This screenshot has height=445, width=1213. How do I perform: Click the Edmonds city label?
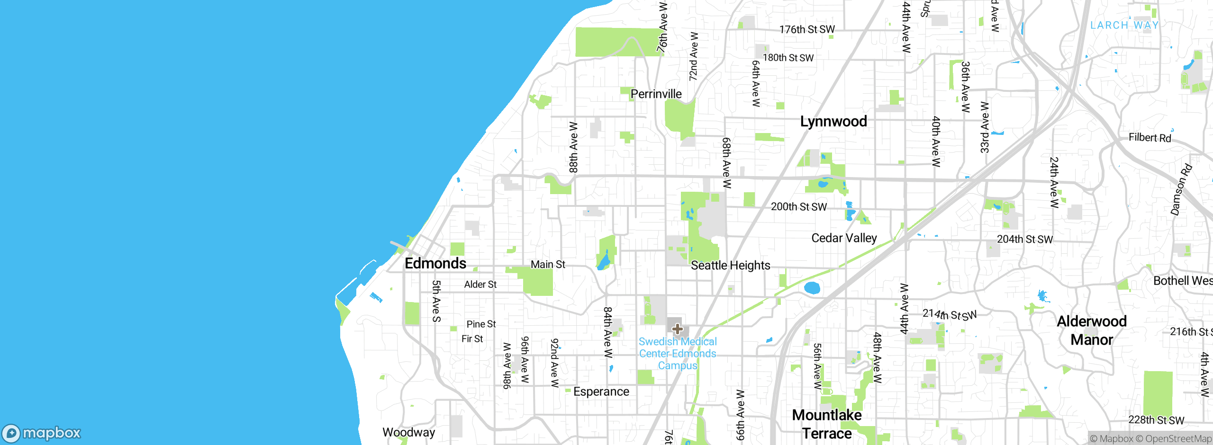point(435,263)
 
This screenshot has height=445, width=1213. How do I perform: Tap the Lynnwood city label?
point(833,122)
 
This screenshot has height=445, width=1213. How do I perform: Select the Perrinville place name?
point(656,94)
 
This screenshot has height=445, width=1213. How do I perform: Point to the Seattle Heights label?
point(730,266)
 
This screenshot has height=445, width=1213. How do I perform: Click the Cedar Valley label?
point(844,238)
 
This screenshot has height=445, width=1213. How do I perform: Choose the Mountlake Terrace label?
point(827,424)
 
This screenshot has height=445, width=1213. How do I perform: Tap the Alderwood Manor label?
point(1092,330)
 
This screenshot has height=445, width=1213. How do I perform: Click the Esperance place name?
point(601,392)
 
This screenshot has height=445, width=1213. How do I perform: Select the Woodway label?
point(408,432)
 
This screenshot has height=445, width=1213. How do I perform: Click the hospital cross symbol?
point(677,329)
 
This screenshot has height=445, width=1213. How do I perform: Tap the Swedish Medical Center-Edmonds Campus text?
point(678,354)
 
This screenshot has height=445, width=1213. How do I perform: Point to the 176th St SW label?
point(807,30)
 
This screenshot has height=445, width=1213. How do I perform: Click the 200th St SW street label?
point(798,207)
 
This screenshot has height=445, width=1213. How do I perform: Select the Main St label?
point(548,265)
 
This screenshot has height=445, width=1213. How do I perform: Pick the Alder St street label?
point(480,285)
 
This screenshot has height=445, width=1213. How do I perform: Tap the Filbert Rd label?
point(1150,138)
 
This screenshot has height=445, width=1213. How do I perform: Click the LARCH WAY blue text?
point(1124,25)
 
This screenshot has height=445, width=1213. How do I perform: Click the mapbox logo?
point(42,433)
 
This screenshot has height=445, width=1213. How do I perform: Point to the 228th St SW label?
point(1156,420)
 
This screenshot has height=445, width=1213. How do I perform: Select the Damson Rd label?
point(1181,190)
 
